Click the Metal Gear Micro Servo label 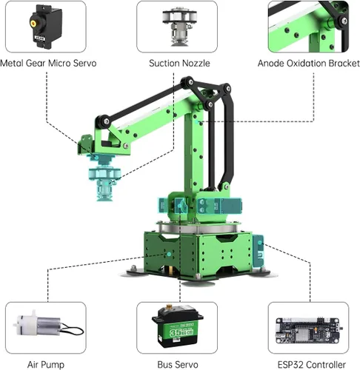(x=48, y=63)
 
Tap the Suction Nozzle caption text (x=178, y=63)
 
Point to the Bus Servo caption (x=177, y=364)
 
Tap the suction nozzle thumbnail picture (x=178, y=26)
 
